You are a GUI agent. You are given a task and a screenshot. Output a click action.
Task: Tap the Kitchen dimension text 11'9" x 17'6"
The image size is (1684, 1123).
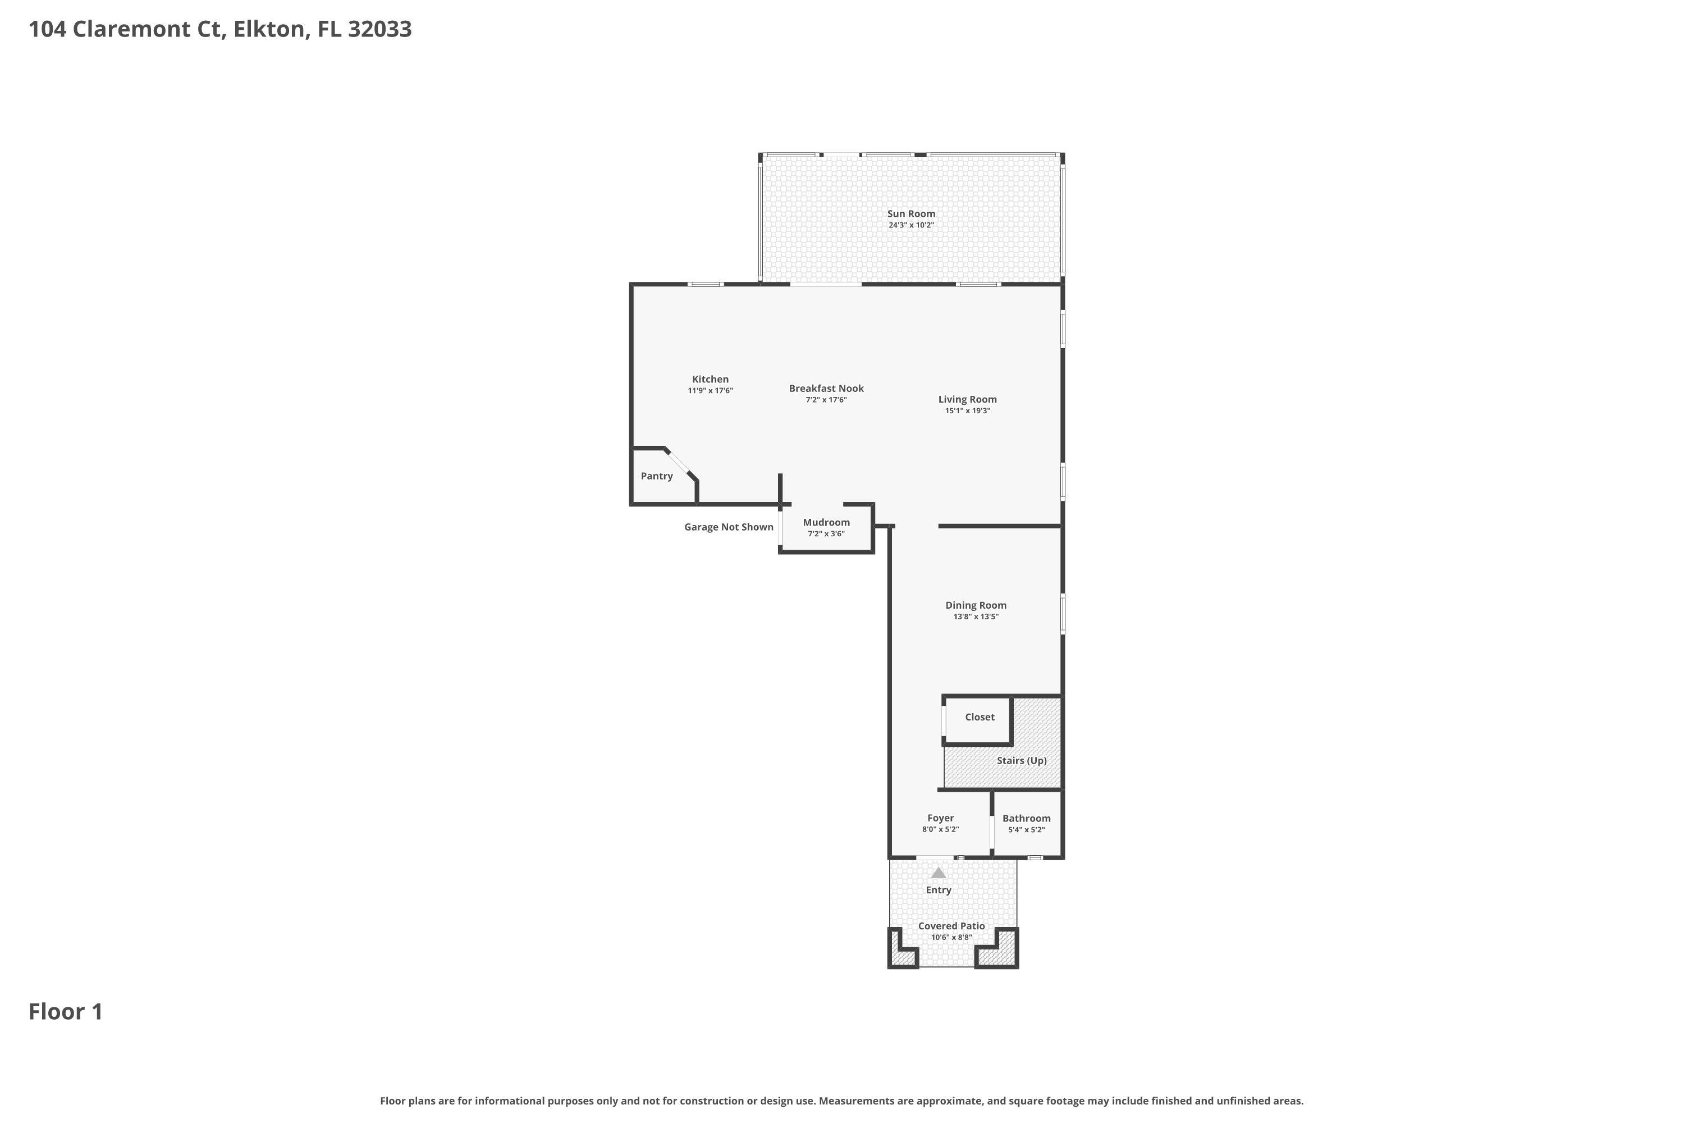[710, 391]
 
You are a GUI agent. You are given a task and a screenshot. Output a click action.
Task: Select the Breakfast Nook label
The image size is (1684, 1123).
[826, 388]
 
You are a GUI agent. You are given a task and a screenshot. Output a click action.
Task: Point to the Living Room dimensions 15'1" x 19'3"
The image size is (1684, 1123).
[967, 411]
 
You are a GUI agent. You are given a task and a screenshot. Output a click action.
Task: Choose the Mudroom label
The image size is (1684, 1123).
[826, 523]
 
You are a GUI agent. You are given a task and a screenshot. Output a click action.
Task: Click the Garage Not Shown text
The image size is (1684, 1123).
[728, 527]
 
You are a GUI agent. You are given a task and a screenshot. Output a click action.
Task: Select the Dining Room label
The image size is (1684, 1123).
[975, 605]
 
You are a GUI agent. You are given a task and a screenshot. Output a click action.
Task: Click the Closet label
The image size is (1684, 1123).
[979, 717]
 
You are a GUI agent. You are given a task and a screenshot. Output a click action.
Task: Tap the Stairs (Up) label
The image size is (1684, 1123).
[1021, 761]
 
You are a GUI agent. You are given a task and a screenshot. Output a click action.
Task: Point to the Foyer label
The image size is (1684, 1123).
[940, 818]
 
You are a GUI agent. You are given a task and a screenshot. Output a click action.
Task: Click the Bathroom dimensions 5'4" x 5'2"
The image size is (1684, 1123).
[1026, 830]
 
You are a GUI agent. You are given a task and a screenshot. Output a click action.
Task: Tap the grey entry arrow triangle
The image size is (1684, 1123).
[938, 874]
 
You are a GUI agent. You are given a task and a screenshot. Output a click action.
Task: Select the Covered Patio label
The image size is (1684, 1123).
[951, 926]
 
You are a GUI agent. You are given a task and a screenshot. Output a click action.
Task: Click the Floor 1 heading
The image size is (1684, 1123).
[66, 1012]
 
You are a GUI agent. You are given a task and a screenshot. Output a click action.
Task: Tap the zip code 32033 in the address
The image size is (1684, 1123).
[379, 29]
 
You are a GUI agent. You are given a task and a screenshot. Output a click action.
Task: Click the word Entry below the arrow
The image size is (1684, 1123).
[938, 890]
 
